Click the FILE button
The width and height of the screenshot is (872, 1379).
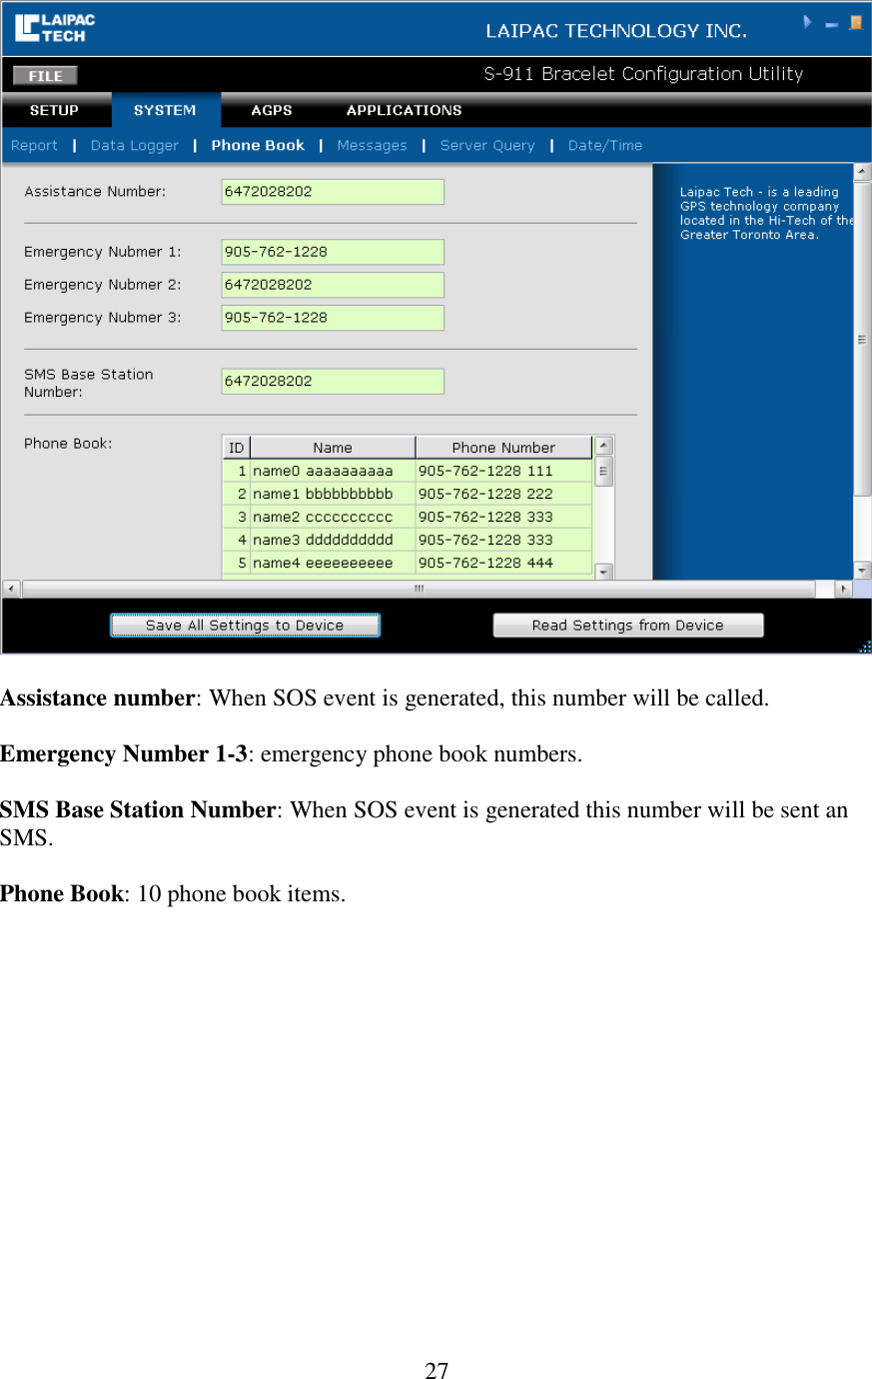tap(45, 76)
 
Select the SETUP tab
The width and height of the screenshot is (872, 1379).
tap(54, 111)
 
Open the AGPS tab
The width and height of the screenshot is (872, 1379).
tap(272, 111)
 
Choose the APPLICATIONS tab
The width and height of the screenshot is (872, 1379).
tap(404, 111)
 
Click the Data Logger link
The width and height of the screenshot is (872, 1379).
tap(134, 146)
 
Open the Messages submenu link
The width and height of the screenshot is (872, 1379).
tap(372, 146)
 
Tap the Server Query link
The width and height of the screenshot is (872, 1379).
tap(487, 146)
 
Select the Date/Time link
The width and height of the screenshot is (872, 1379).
tap(604, 146)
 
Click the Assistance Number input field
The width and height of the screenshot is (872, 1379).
tap(332, 192)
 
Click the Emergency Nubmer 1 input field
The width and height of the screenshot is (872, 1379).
tap(332, 252)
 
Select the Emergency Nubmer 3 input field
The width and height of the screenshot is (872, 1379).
tap(332, 318)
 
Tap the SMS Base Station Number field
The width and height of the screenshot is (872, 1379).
tap(332, 382)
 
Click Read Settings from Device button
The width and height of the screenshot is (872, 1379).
tap(627, 626)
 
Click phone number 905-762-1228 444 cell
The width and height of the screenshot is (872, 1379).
tap(503, 563)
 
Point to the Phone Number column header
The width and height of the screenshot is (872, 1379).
tap(503, 448)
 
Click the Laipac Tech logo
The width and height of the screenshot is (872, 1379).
tap(55, 28)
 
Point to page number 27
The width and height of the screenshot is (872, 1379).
tap(436, 1370)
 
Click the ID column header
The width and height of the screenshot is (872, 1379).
tap(236, 448)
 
